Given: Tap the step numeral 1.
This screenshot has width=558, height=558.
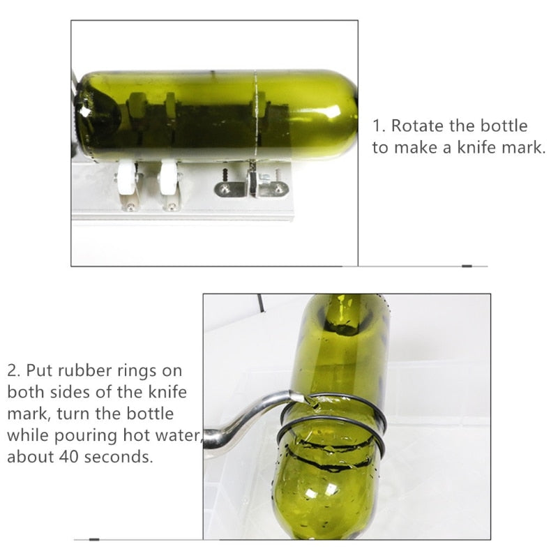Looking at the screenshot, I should pyautogui.click(x=378, y=126).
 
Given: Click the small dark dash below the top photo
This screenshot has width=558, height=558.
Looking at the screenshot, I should pyautogui.click(x=466, y=266).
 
